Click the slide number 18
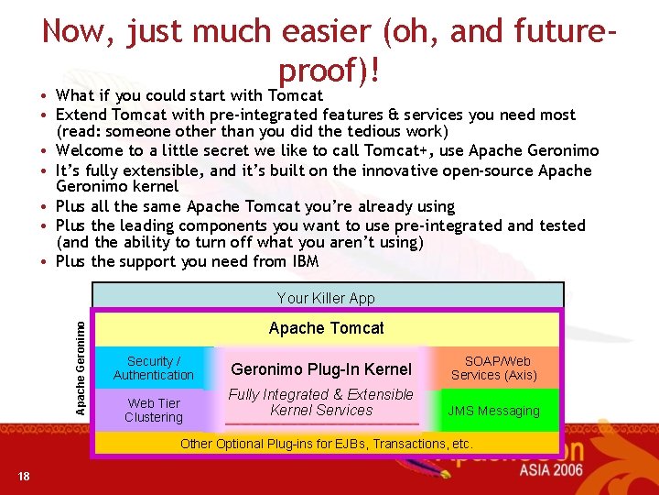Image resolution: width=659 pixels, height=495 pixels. [x=23, y=476]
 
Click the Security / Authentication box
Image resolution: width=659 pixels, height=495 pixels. [x=154, y=368]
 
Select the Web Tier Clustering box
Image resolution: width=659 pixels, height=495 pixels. [x=154, y=411]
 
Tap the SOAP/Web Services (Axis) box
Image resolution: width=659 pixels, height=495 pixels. [x=494, y=368]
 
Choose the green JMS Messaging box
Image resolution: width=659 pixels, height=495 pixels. [x=494, y=411]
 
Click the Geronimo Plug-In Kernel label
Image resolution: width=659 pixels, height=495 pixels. [x=321, y=369]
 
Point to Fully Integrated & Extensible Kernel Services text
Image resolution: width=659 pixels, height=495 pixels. [x=321, y=402]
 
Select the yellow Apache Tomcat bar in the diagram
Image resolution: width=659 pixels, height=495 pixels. [x=327, y=328]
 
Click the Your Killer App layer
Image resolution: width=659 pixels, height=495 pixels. [x=327, y=298]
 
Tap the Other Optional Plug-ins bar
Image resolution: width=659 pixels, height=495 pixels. [x=327, y=444]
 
